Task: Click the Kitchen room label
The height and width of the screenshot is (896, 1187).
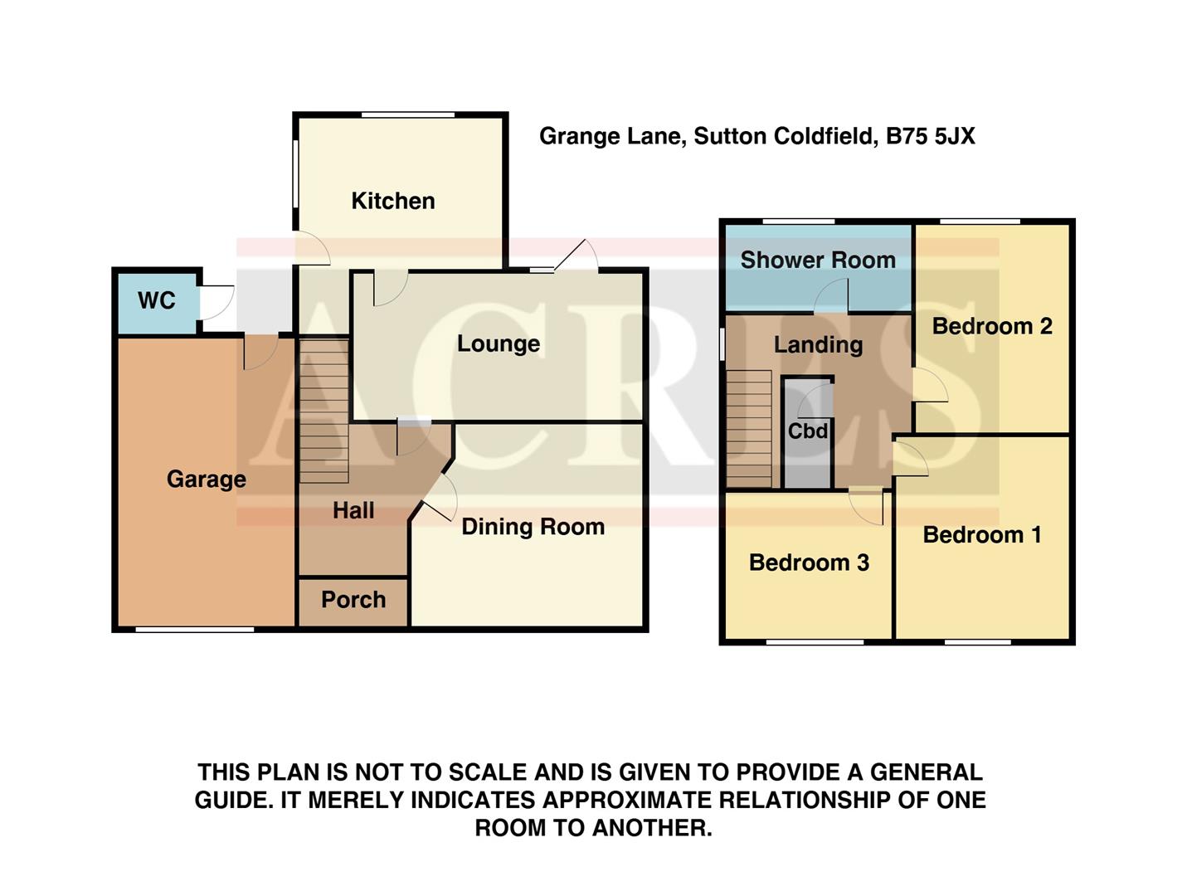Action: point(392,201)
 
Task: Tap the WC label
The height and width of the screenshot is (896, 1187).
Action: point(157,300)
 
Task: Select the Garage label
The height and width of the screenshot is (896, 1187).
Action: point(206,479)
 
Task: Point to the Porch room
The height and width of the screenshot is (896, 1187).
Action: point(353,600)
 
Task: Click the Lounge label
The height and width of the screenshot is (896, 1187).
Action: point(498,343)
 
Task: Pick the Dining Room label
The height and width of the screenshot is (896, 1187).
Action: point(533,527)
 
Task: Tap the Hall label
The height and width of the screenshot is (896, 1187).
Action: point(353,510)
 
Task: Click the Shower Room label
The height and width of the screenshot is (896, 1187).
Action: point(817,261)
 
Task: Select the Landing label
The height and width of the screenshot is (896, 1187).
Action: point(818,344)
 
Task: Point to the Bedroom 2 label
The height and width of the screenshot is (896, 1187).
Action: point(992,326)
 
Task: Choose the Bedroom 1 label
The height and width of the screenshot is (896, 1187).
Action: point(982,535)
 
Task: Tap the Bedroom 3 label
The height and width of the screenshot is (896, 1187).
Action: point(809,562)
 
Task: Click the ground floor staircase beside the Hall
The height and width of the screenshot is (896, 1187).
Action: point(324,411)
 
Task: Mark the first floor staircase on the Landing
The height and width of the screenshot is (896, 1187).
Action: point(749,428)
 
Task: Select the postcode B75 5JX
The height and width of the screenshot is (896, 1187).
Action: point(930,136)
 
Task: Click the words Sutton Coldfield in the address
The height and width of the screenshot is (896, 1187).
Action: point(784,136)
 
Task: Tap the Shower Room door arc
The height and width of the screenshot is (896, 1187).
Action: point(831,296)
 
